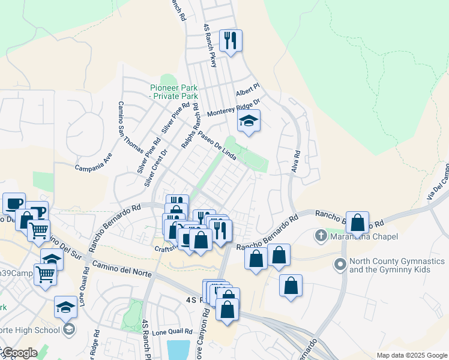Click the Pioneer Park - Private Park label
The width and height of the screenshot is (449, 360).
pyautogui.click(x=173, y=91)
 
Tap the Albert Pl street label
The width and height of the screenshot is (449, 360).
pyautogui.click(x=246, y=90)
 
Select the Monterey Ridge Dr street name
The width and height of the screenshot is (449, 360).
pyautogui.click(x=233, y=109)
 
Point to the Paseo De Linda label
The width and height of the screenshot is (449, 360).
pyautogui.click(x=215, y=145)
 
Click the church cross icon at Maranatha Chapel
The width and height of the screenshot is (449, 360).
pyautogui.click(x=322, y=236)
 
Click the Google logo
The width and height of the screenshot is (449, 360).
pyautogui.click(x=19, y=353)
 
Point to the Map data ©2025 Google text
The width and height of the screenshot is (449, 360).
pyautogui.click(x=412, y=355)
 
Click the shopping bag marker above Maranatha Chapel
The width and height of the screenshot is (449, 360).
pyautogui.click(x=358, y=223)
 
